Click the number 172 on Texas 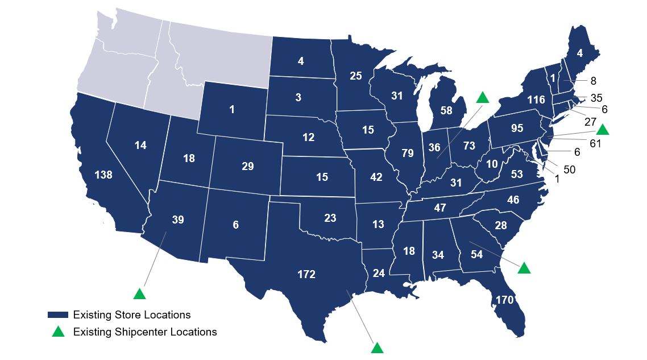(306, 275)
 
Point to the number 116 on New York (536, 100)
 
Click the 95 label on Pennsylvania (517, 128)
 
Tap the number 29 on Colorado (247, 167)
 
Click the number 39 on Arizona (177, 220)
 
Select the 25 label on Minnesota (356, 75)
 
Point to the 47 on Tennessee (439, 208)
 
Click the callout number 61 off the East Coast (595, 143)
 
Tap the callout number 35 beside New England (596, 98)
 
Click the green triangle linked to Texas (376, 347)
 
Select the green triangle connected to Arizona (139, 293)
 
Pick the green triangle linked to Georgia (524, 268)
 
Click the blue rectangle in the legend (58, 315)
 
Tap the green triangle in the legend (58, 332)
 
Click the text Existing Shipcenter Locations (145, 332)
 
